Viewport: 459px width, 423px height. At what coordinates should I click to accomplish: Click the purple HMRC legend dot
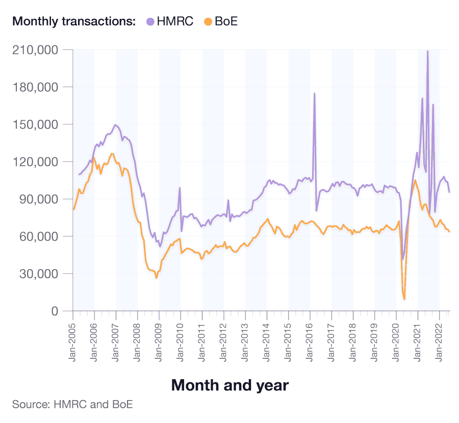[150, 21]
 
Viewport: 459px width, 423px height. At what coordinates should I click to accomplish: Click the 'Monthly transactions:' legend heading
[74, 21]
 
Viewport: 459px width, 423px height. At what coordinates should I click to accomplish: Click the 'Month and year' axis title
[229, 385]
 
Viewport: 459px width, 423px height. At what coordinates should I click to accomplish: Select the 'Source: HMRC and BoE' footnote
[72, 405]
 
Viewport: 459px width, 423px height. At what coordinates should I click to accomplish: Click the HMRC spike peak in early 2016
[314, 93]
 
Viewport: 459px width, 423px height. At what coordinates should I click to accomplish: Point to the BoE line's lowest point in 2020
[404, 299]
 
